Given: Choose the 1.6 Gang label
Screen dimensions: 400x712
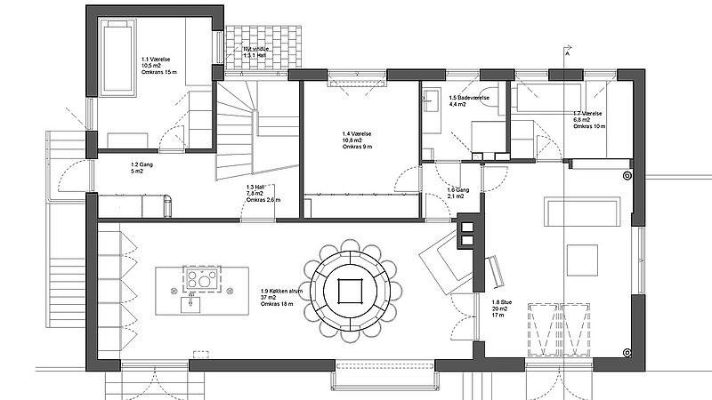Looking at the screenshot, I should pyautogui.click(x=457, y=192).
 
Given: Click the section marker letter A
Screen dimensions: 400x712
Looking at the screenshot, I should pyautogui.click(x=567, y=52).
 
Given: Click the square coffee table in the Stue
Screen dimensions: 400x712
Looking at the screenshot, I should pyautogui.click(x=584, y=258).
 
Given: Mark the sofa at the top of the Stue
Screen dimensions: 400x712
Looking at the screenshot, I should pyautogui.click(x=584, y=212).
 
